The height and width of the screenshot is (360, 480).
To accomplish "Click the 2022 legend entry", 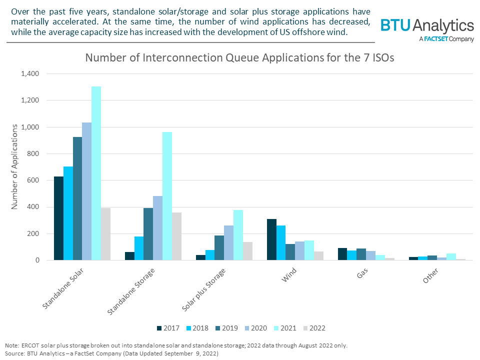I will pos(313,328).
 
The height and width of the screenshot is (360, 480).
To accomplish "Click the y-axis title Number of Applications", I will pos(15,167).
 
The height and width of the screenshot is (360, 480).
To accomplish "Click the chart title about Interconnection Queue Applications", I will pos(239,57).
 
